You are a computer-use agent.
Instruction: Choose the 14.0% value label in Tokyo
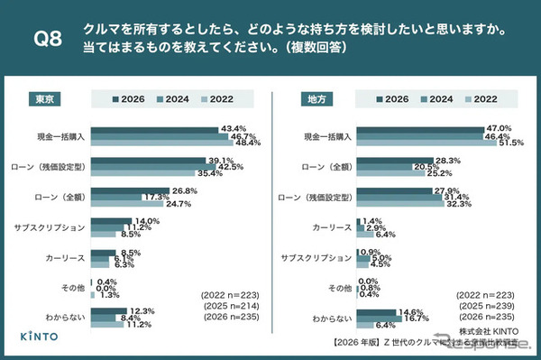pos(147,221)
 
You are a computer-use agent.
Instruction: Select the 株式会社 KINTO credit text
pos(488,332)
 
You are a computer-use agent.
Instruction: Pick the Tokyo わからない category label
pos(68,317)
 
